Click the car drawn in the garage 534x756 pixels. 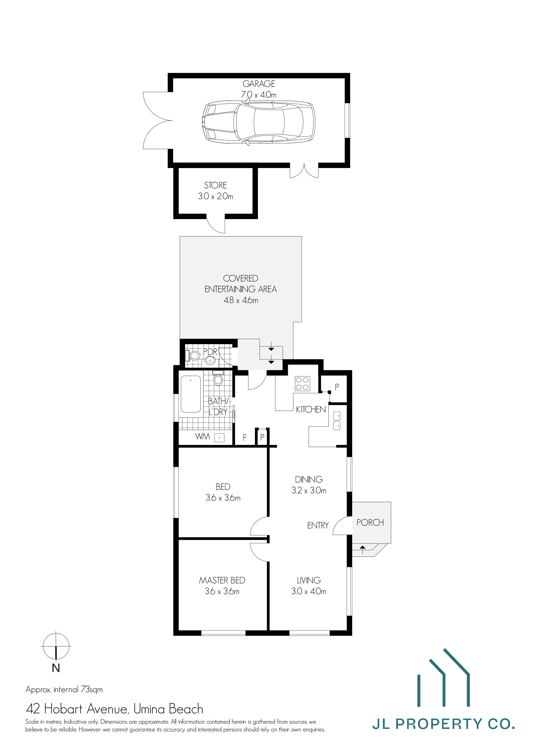(258, 122)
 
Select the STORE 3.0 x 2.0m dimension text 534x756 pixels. (216, 197)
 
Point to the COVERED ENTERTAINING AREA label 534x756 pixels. (241, 284)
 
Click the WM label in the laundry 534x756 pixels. (202, 437)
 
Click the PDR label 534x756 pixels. (210, 352)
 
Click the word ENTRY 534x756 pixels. (318, 525)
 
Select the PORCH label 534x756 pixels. (370, 523)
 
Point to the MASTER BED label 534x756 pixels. (222, 581)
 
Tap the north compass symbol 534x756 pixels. (56, 646)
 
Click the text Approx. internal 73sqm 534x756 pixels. (64, 689)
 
